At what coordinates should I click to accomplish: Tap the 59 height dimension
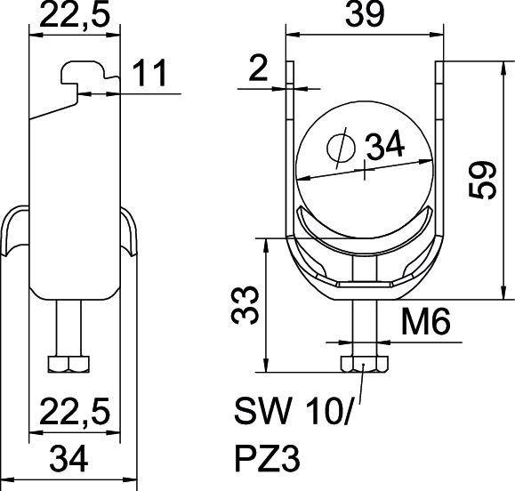coord(484,181)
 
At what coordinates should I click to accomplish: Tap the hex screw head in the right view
coord(364,366)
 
